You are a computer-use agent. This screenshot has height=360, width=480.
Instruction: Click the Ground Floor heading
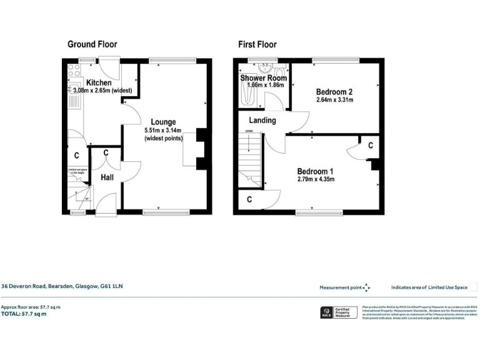[x=92, y=44]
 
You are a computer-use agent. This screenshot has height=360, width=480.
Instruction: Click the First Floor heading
[x=257, y=44]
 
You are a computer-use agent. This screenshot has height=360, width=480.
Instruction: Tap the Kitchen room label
[x=99, y=82]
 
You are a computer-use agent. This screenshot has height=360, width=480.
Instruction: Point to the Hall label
[x=107, y=177]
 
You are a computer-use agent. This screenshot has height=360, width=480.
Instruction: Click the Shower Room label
[x=264, y=78]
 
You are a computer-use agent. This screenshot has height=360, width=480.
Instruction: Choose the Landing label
[x=262, y=120]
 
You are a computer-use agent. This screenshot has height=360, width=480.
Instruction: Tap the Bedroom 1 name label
[x=315, y=171]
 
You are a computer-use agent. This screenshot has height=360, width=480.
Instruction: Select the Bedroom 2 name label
[x=334, y=91]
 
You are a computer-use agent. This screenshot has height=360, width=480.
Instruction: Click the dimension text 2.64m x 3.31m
[x=335, y=100]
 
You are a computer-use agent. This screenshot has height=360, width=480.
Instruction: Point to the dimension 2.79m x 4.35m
[x=316, y=180]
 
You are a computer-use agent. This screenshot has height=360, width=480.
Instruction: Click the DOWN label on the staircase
[x=249, y=131]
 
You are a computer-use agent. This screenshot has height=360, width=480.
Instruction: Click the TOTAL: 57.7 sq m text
[x=24, y=314]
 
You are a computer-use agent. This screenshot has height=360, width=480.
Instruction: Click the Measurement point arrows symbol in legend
[x=366, y=287]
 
